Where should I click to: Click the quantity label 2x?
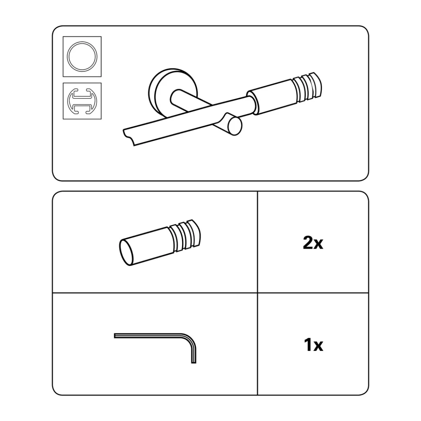click(313, 243)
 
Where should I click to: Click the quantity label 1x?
click(313, 345)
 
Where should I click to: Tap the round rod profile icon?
click(82, 56)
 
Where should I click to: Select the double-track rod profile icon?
click(82, 101)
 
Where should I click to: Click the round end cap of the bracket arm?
click(234, 126)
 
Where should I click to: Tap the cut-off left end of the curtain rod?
click(129, 137)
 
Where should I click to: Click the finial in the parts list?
click(160, 243)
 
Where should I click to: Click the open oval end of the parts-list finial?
click(127, 253)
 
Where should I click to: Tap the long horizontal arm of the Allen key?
click(148, 336)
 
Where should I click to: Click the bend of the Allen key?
click(190, 339)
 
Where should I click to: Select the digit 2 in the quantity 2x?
click(308, 243)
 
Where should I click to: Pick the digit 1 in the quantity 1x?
click(308, 345)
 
